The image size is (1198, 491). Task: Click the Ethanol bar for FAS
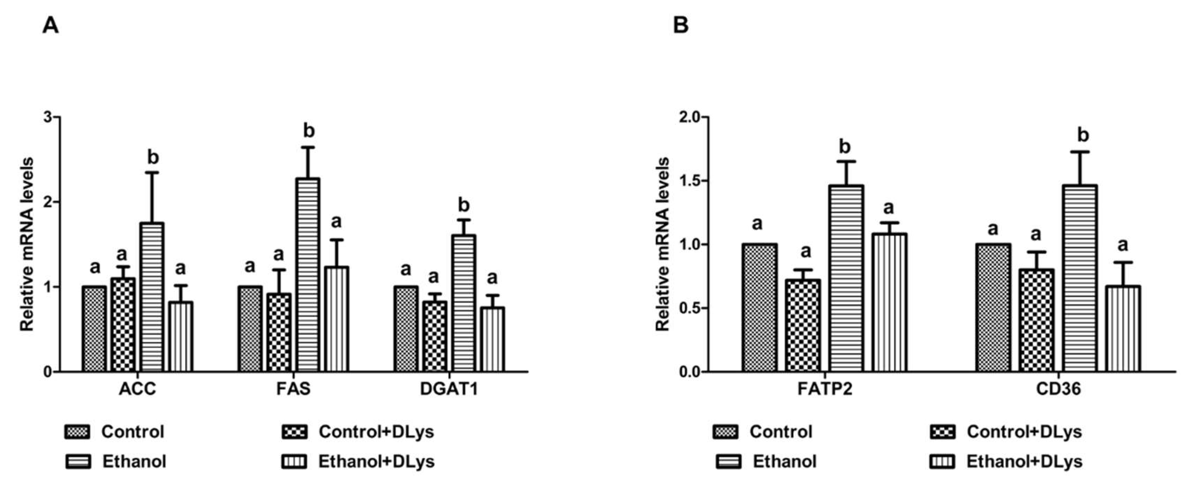point(308,274)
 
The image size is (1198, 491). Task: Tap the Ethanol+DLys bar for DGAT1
point(492,339)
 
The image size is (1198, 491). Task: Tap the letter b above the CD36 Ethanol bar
point(1083,135)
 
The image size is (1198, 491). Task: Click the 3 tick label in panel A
point(47,117)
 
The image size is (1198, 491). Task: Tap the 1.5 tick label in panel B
point(689,181)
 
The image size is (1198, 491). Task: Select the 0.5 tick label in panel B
point(689,308)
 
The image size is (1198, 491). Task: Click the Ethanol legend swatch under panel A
point(78,462)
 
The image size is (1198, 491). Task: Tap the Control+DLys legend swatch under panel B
point(943,432)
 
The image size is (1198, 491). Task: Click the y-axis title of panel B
point(662,244)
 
